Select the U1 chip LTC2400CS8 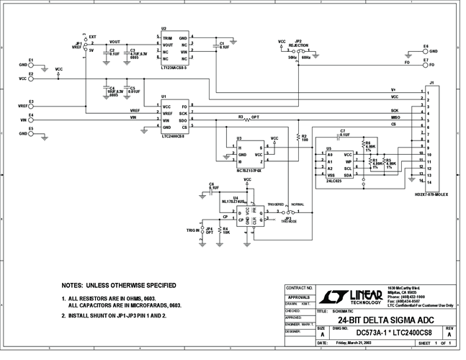click(174, 117)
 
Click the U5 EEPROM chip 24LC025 click(338, 164)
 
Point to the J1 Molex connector click(431, 137)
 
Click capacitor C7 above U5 click(342, 137)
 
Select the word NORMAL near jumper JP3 click(298, 204)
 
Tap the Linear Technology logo click(344, 297)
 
